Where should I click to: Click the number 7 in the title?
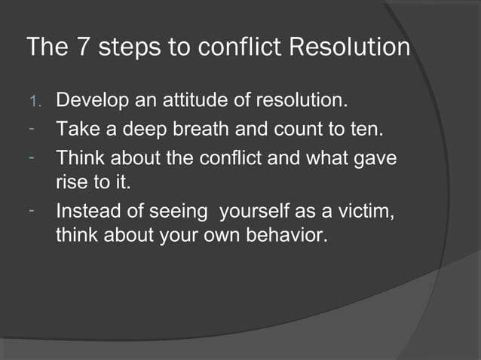pyautogui.click(x=83, y=47)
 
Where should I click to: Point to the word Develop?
pyautogui.click(x=90, y=100)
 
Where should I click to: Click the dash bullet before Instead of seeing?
pyautogui.click(x=33, y=212)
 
